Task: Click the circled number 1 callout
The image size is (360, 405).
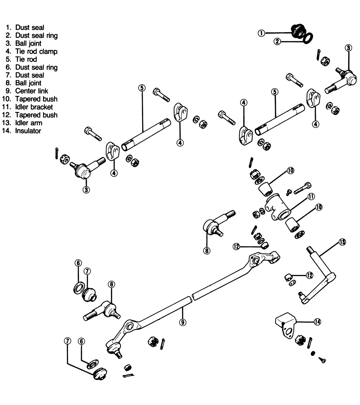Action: point(261,33)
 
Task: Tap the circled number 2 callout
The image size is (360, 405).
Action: point(277,42)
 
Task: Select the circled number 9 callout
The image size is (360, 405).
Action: point(182,322)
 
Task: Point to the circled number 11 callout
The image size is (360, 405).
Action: point(311,197)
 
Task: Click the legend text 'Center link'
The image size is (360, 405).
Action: point(32,91)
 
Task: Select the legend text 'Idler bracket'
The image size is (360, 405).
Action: point(34,107)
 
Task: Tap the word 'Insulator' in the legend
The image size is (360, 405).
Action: point(28,131)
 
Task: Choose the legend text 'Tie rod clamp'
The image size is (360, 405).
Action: point(36,51)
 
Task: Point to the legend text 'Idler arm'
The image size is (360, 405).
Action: point(29,123)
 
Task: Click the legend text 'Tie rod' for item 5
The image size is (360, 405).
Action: point(26,59)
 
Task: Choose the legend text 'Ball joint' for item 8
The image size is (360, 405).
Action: point(28,83)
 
